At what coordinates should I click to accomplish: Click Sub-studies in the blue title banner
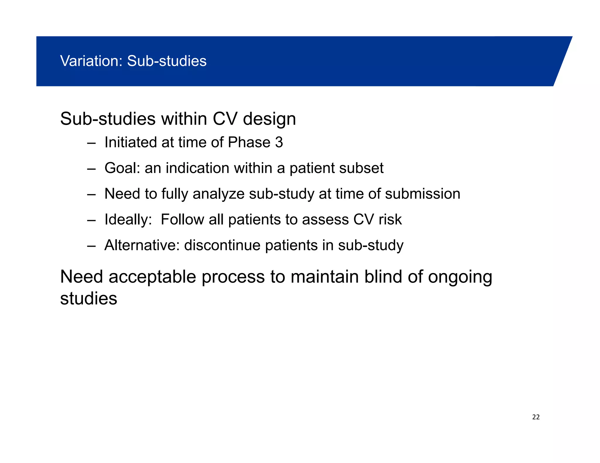click(167, 61)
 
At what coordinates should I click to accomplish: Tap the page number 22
click(536, 417)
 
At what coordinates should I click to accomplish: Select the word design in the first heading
click(269, 119)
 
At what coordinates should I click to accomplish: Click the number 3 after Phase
click(279, 143)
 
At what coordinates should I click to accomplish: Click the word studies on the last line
click(88, 299)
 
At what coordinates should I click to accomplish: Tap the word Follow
click(182, 220)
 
